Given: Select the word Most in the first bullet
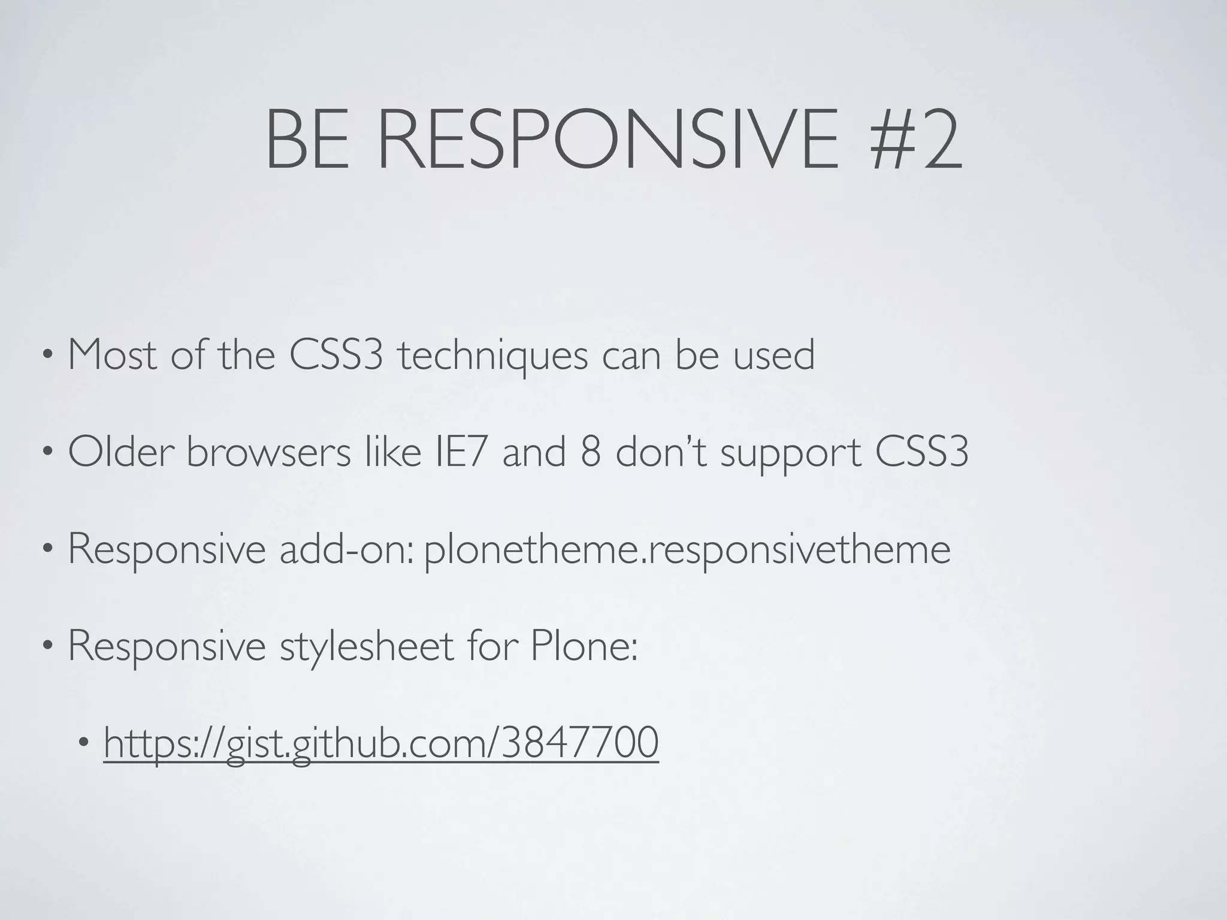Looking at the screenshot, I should [x=113, y=355].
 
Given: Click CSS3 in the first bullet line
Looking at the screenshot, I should [x=336, y=355].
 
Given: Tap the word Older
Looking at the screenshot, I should [x=120, y=452].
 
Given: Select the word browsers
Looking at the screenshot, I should [x=268, y=452].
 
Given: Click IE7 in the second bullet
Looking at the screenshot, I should [x=460, y=452].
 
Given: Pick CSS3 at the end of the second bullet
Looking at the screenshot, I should [x=921, y=452].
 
